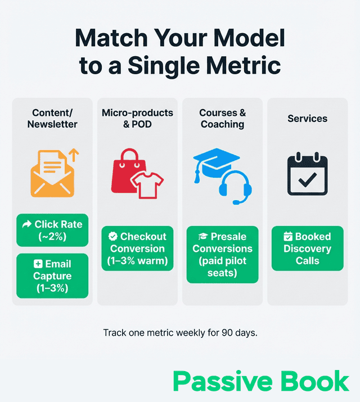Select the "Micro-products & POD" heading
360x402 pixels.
coord(137,119)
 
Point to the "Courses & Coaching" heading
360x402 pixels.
coord(223,119)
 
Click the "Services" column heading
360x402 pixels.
coord(307,119)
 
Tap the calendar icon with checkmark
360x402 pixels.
coord(307,175)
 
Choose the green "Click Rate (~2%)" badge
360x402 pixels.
coord(52,231)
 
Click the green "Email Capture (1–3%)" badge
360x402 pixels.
coord(52,275)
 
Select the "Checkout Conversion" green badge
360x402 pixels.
coord(137,249)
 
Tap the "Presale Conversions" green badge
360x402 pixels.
coord(223,255)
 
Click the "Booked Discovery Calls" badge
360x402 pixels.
coord(307,249)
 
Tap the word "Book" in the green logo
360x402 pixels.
coord(316,381)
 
